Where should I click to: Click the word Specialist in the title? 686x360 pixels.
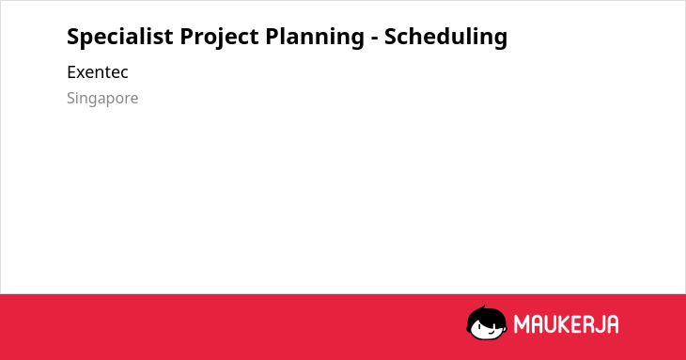tap(120, 37)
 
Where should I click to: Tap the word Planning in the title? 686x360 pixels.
tap(315, 38)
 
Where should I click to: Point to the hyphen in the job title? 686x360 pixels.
tap(374, 39)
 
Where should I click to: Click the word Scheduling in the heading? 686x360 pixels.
tap(445, 38)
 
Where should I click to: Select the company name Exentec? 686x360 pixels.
tap(98, 72)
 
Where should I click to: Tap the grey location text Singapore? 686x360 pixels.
tap(102, 99)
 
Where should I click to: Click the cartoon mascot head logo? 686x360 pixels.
tap(487, 322)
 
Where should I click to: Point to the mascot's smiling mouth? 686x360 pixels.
tap(491, 332)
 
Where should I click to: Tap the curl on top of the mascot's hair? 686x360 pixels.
tap(483, 308)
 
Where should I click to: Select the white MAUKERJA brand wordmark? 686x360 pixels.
tap(566, 324)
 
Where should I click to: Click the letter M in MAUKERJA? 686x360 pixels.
tap(522, 324)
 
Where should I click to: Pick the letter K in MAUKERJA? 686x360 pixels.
tap(562, 324)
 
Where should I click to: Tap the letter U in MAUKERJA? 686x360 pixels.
tap(549, 324)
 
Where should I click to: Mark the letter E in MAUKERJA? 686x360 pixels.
tap(574, 324)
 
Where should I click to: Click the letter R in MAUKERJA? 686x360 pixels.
tap(586, 324)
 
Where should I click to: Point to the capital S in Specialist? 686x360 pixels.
tap(72, 37)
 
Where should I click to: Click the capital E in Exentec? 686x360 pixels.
tap(70, 72)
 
